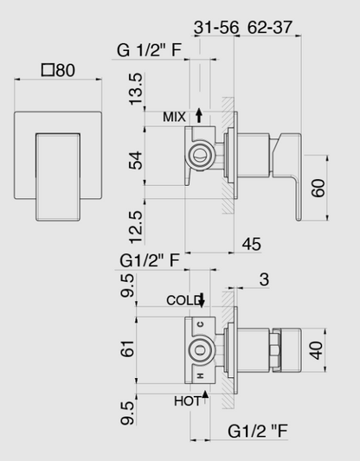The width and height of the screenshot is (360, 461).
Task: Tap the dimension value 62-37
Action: (x=268, y=28)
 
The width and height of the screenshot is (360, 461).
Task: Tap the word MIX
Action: (x=174, y=115)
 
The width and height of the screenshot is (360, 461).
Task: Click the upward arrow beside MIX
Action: (x=200, y=114)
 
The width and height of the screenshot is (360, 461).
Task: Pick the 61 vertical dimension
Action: (x=128, y=349)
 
